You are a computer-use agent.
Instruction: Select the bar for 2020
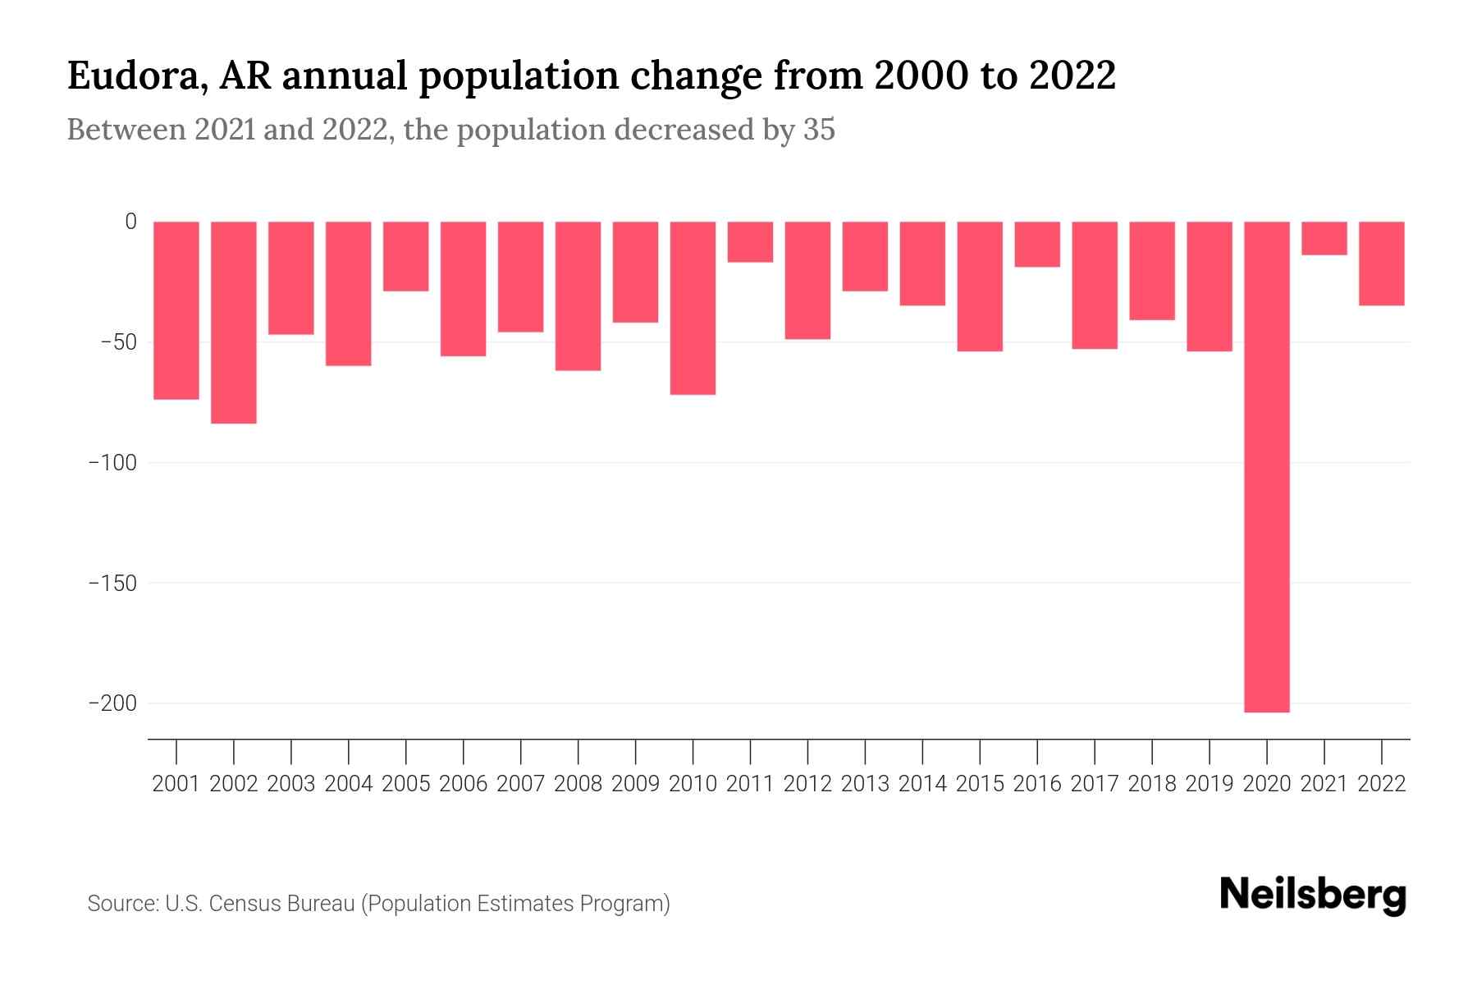tap(1266, 466)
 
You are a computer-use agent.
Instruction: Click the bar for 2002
tap(234, 322)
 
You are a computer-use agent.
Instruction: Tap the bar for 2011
tap(750, 242)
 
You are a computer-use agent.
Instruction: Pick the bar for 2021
tap(1324, 238)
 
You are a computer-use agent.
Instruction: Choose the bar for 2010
tap(693, 308)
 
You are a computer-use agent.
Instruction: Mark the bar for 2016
tap(1037, 244)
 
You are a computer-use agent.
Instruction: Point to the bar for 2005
tap(406, 256)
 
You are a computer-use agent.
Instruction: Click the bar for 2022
tap(1381, 263)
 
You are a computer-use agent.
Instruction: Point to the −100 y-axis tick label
tap(112, 463)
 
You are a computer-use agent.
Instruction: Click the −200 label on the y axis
tap(112, 703)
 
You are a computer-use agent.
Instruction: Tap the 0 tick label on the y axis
tap(130, 222)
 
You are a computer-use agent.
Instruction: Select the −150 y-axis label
tap(112, 584)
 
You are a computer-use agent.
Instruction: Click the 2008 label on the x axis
tap(578, 784)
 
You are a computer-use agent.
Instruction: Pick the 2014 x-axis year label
tap(922, 784)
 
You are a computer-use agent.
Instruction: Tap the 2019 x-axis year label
tap(1209, 784)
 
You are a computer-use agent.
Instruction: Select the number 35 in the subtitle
tap(818, 130)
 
